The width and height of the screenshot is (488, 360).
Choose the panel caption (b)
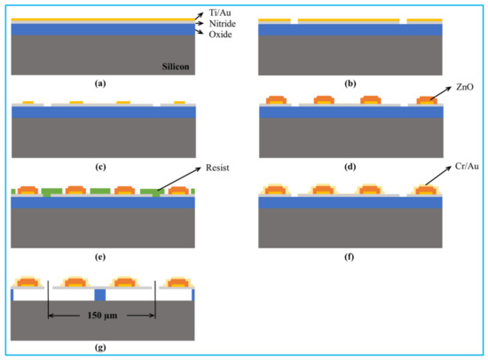point(349,83)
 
